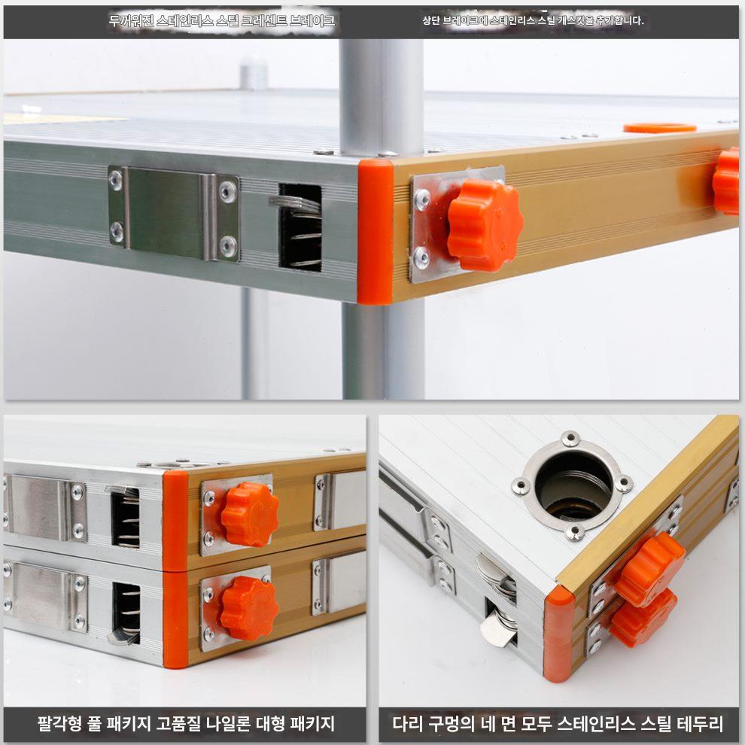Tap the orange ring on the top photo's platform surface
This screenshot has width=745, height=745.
(660, 128)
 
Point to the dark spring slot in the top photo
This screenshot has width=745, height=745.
(300, 227)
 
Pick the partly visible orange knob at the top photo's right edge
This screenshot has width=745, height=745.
(727, 181)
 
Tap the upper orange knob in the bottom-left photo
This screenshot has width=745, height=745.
(250, 514)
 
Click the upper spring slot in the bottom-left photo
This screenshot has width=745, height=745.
(126, 517)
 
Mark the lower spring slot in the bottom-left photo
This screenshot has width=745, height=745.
(126, 613)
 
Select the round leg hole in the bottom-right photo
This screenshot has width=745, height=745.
(573, 485)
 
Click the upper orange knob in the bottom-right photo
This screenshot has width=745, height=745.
(650, 569)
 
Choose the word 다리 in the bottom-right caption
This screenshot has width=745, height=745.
(409, 724)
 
